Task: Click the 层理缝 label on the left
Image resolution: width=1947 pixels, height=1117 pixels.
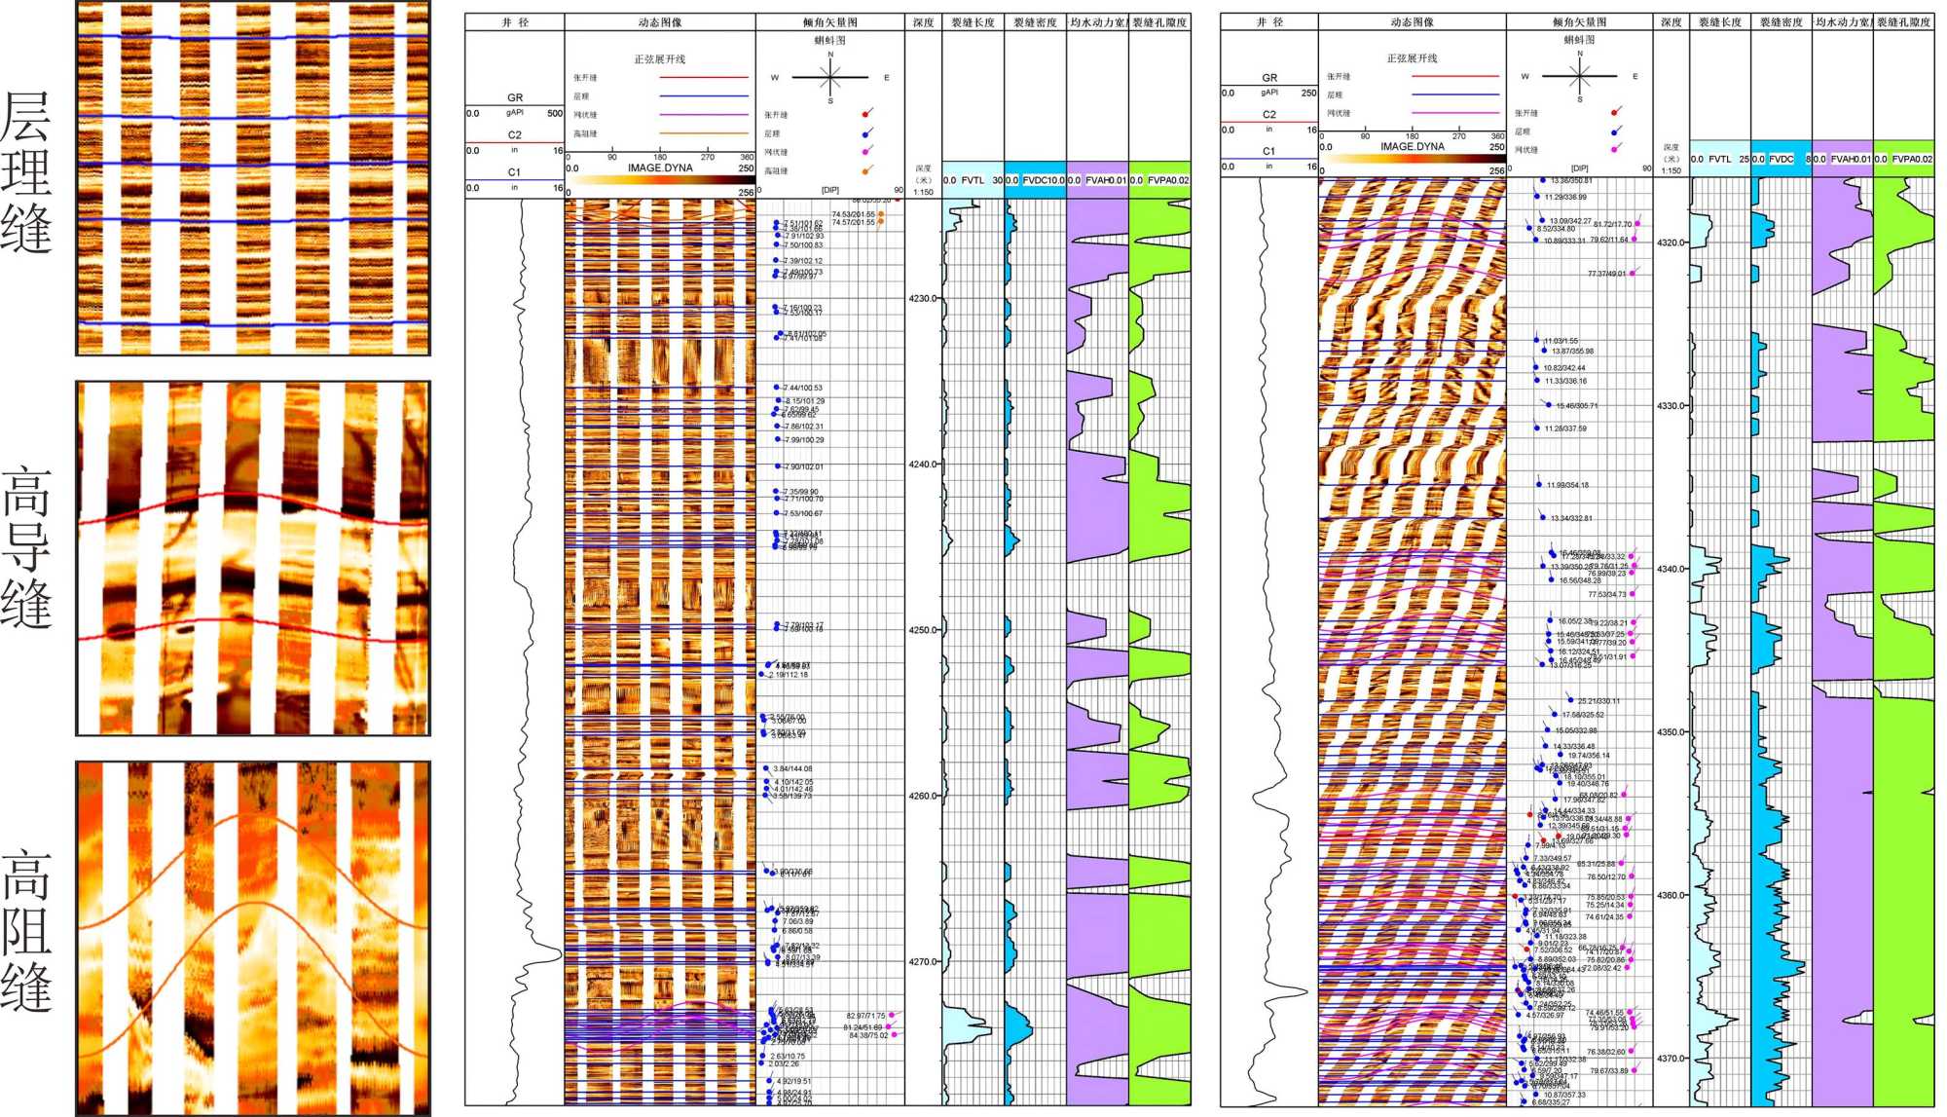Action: click(x=27, y=172)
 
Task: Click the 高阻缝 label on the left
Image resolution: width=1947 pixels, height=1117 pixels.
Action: click(x=27, y=930)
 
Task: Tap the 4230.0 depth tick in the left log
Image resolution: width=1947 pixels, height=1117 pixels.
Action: click(x=922, y=299)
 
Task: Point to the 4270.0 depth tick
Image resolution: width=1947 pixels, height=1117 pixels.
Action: click(x=922, y=962)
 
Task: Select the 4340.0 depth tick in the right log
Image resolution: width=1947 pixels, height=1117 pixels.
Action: click(x=1671, y=570)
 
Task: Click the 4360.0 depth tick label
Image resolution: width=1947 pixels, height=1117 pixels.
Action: click(x=1671, y=896)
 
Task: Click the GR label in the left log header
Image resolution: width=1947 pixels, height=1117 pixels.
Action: click(x=515, y=97)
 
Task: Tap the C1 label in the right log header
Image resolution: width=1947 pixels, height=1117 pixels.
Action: click(x=1268, y=151)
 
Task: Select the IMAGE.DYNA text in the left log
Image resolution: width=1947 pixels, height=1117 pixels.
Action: click(x=660, y=168)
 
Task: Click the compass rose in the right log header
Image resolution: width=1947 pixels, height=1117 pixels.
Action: click(x=1579, y=76)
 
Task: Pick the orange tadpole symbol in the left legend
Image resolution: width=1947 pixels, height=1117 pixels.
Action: click(x=866, y=171)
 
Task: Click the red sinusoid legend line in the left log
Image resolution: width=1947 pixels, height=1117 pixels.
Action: click(x=703, y=77)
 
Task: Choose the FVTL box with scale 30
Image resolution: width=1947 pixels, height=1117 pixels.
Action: click(x=973, y=180)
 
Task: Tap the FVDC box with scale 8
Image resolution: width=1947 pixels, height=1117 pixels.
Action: click(x=1781, y=159)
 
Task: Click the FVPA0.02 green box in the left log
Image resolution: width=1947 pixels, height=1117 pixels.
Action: click(x=1159, y=180)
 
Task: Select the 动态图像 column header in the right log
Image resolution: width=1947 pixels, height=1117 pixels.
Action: click(x=1412, y=21)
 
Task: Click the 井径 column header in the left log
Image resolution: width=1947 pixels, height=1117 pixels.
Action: click(x=515, y=21)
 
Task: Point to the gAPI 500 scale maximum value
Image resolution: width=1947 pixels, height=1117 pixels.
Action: click(x=554, y=113)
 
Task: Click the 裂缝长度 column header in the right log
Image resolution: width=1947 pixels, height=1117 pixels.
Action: click(x=1719, y=21)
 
